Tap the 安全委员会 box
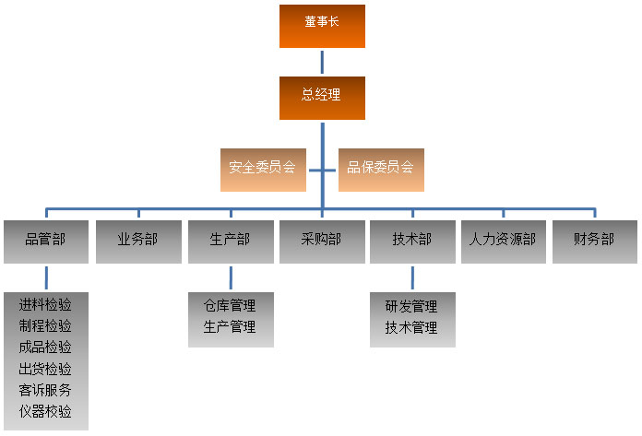pos(262,169)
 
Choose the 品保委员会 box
pos(381,169)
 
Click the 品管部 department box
pos(45,242)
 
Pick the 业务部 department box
pos(137,242)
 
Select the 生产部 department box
pos(230,242)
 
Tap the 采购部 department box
pos(321,242)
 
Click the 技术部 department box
pos(412,242)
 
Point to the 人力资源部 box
pos(503,242)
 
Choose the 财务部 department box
pos(594,242)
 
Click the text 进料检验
pos(45,305)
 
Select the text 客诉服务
pos(45,390)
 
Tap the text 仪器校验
pos(45,411)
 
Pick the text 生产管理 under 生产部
pos(230,327)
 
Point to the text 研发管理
pos(411,306)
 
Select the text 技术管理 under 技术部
pos(411,327)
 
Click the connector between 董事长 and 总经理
pos(322,62)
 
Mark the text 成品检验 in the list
pos(45,348)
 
